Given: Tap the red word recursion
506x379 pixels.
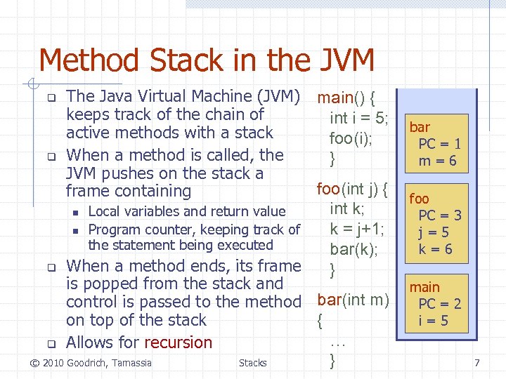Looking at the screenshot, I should [178, 343].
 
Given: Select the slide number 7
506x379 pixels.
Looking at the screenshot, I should [477, 363].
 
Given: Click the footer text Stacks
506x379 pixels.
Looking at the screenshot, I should [252, 363].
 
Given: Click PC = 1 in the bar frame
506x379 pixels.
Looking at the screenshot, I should [439, 144].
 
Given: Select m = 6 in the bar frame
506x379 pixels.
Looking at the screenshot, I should [438, 161].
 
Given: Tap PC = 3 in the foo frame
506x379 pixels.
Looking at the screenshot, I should [439, 215].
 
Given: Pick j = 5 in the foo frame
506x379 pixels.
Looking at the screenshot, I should [434, 232].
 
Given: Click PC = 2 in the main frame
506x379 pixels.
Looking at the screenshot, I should [439, 304].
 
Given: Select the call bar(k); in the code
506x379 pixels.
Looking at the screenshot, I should [353, 249].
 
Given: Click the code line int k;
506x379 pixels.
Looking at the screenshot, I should [347, 208].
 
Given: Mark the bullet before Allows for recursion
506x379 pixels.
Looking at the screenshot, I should [51, 344].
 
